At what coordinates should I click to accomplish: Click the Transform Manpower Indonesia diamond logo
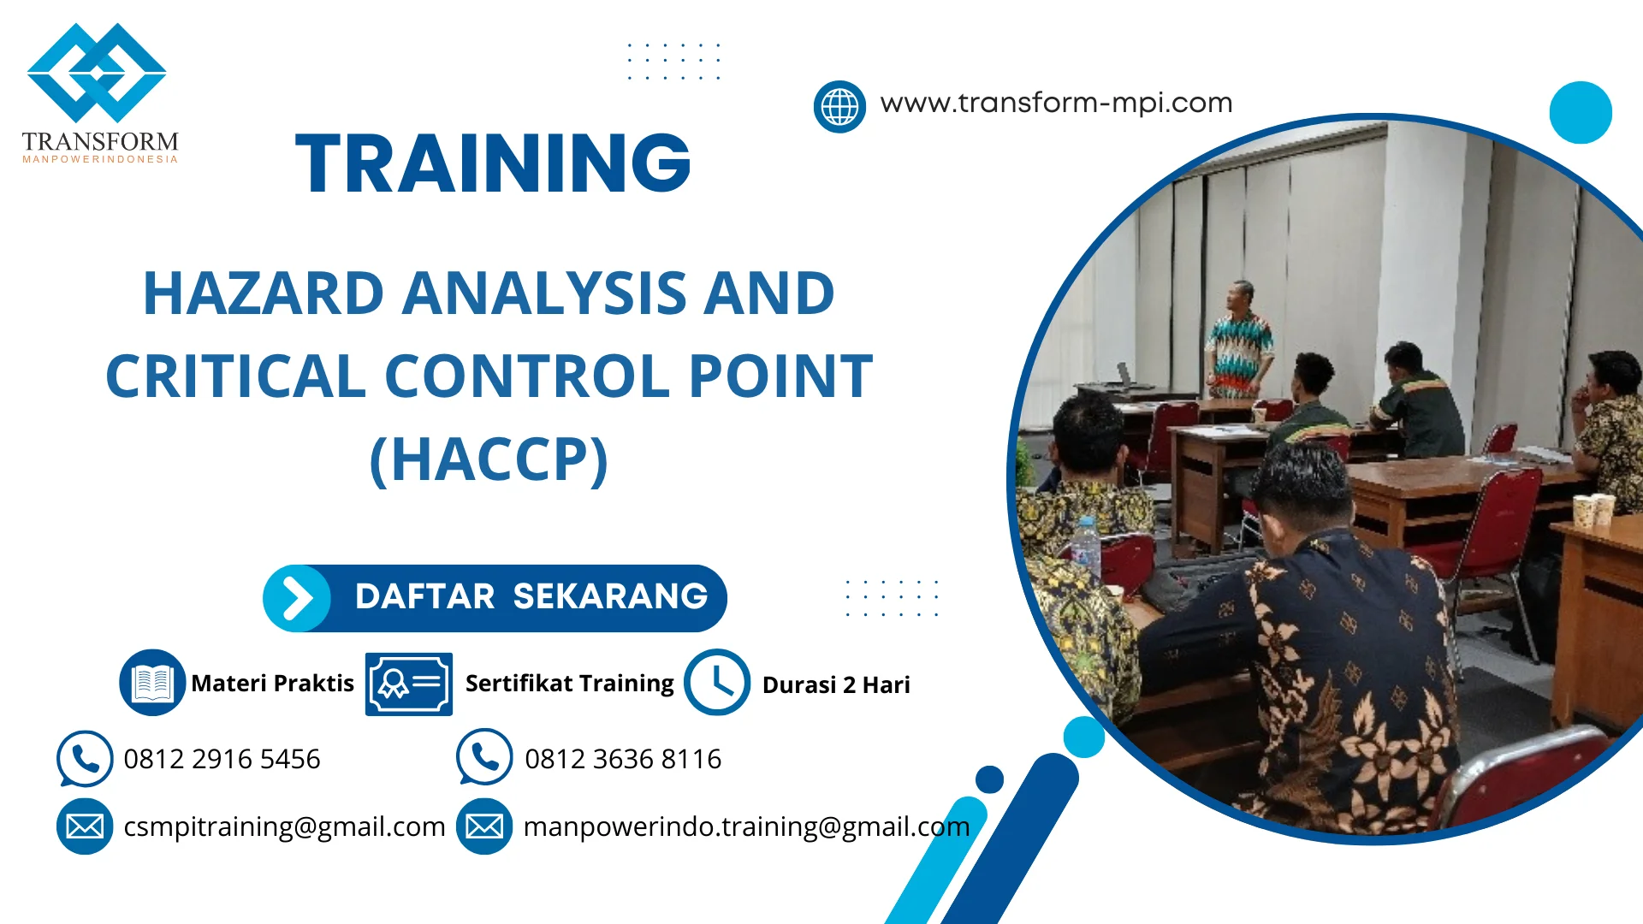click(x=97, y=74)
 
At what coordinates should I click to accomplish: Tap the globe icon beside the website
click(x=839, y=107)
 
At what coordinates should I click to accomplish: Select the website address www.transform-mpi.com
click(x=1056, y=103)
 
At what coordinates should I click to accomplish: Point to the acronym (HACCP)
click(x=489, y=459)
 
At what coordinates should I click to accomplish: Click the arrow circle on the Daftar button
click(x=297, y=598)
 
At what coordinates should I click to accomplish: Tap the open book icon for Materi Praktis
click(x=152, y=683)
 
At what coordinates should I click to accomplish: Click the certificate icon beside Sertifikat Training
click(x=409, y=684)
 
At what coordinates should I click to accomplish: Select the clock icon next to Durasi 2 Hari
click(x=717, y=683)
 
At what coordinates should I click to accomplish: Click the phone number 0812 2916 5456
click(x=222, y=759)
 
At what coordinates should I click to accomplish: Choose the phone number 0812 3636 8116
click(x=623, y=759)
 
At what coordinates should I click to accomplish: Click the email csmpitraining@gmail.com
click(x=284, y=826)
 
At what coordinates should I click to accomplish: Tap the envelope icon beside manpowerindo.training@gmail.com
click(x=484, y=826)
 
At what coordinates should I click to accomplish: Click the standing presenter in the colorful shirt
click(x=1238, y=342)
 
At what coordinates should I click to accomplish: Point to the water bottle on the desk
click(x=1086, y=546)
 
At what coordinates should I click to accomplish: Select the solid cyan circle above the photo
click(x=1581, y=112)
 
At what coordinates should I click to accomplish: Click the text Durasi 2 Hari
click(x=836, y=685)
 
